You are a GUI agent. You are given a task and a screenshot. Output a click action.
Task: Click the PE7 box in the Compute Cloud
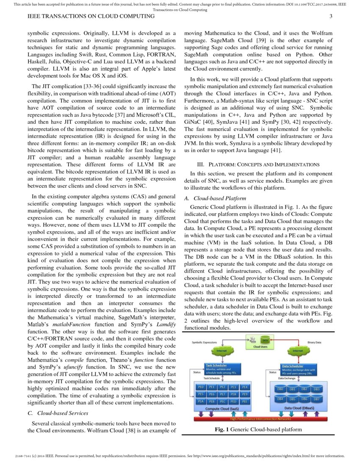(x=224, y=394)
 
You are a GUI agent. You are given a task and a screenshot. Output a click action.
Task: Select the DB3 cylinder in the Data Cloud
(x=316, y=389)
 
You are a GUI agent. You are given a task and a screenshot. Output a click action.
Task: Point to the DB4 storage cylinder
(x=280, y=399)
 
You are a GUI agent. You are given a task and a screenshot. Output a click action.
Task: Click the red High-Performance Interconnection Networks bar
(x=260, y=419)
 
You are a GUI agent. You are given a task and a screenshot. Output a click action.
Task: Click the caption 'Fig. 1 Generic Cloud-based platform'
(x=258, y=430)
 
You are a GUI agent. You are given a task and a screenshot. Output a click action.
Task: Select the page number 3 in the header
(x=331, y=17)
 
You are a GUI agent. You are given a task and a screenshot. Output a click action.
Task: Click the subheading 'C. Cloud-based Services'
(x=58, y=413)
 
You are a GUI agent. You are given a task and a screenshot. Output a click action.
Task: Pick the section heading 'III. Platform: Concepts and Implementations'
(x=258, y=164)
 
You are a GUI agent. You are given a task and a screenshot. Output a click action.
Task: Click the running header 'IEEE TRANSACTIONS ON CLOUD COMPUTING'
(x=91, y=17)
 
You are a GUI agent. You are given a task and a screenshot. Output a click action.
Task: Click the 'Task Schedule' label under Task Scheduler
(x=212, y=378)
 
